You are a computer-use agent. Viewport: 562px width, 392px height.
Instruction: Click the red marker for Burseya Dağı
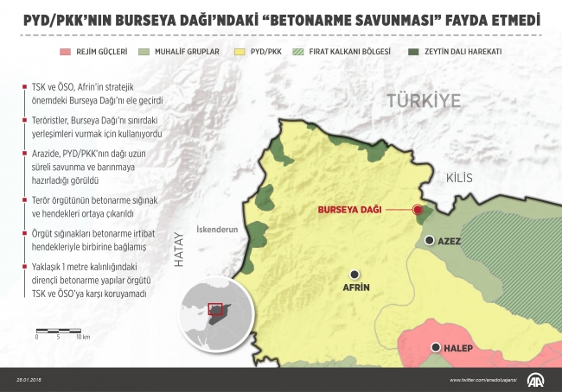pos(418,210)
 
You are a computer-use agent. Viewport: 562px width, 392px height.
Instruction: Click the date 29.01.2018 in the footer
pos(29,380)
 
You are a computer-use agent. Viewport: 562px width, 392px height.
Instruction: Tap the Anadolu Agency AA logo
pos(533,379)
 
